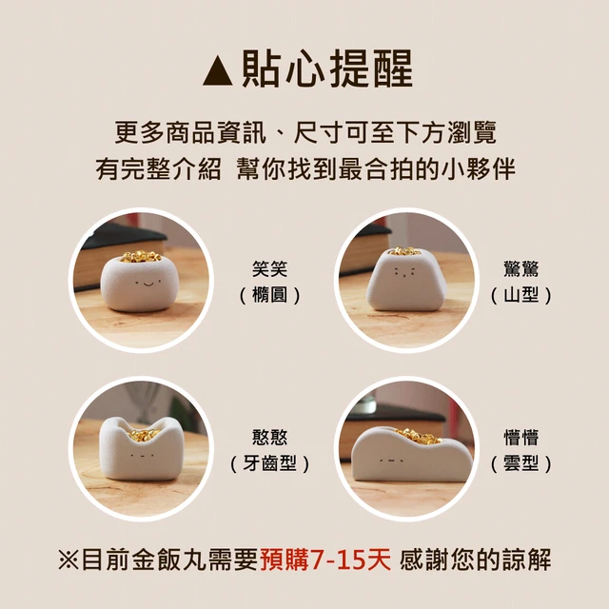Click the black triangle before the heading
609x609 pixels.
tap(218, 71)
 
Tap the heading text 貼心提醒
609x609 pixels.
tap(327, 69)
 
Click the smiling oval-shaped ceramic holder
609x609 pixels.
tap(140, 284)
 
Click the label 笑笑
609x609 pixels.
tap(269, 269)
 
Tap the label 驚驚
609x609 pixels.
tap(521, 269)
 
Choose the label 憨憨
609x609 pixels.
tap(269, 438)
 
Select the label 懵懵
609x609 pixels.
tap(521, 438)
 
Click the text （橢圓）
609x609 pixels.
tap(269, 295)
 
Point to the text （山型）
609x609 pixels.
tap(521, 295)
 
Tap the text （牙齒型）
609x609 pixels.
tap(269, 463)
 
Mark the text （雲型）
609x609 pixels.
tap(521, 463)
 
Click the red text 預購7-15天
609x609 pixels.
tap(325, 560)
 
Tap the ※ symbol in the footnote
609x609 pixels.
tap(69, 560)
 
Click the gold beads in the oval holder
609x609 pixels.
tap(141, 256)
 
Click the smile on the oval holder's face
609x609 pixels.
tap(148, 284)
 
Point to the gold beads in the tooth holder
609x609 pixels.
tap(143, 434)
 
